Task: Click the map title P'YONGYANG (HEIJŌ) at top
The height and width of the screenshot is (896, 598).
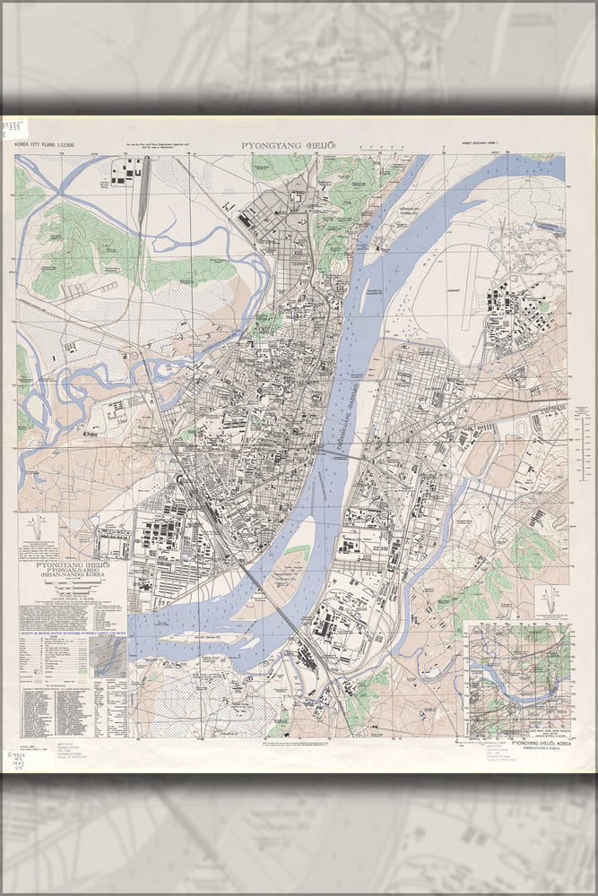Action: (283, 145)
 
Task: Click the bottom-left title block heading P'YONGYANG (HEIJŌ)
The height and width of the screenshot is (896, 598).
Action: (73, 567)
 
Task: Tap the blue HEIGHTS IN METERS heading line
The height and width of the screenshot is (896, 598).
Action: (72, 633)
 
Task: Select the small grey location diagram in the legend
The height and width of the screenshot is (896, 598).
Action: (111, 657)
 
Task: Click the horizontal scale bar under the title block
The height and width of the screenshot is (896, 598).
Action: (72, 592)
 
